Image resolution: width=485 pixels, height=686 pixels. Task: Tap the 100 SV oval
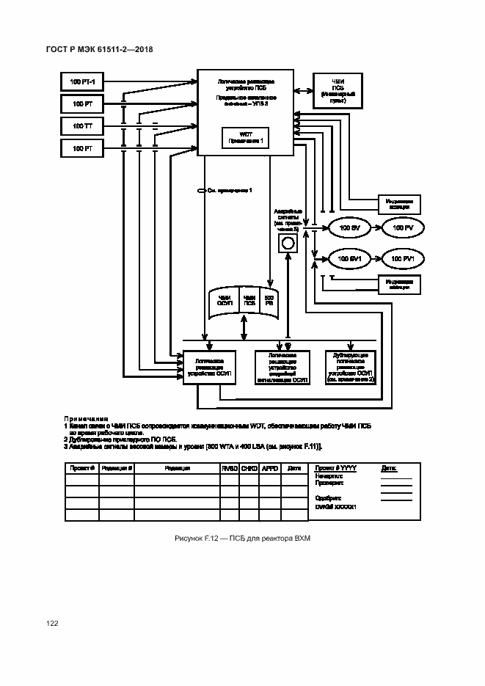[349, 229]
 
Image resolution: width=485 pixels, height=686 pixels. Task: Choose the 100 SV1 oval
[349, 259]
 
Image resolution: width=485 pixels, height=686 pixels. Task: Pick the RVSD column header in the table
[229, 468]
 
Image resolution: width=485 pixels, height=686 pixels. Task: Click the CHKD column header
[249, 468]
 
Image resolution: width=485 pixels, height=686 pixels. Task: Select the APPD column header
[269, 468]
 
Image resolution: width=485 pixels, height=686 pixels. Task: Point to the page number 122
[52, 623]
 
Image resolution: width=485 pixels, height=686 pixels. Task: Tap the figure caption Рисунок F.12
[243, 539]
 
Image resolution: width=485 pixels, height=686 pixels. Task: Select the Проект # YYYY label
[335, 467]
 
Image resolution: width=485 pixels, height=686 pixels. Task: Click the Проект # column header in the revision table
[81, 468]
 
